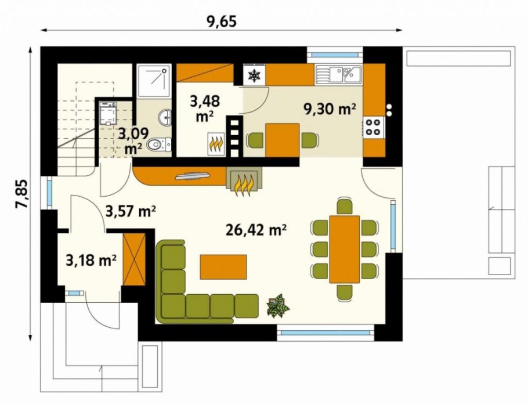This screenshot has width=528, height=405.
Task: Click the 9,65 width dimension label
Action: tap(222, 21)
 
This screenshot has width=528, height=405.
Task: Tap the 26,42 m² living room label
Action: tap(256, 230)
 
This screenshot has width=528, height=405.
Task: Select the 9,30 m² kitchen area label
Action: tap(330, 109)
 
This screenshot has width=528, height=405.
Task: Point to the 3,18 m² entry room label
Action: tap(91, 261)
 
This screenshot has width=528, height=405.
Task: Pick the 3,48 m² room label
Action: tap(205, 109)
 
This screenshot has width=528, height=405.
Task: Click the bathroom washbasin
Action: tap(165, 117)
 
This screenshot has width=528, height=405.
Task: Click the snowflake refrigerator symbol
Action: tap(254, 75)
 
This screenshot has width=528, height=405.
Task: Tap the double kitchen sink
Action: tap(338, 74)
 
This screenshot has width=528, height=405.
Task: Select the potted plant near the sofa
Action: tap(278, 306)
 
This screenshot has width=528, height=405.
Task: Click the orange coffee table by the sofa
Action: tap(223, 267)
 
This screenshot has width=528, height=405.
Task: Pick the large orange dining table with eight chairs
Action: tap(345, 249)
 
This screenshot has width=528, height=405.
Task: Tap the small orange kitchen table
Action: tap(282, 140)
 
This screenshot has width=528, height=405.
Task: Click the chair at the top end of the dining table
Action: tap(345, 206)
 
